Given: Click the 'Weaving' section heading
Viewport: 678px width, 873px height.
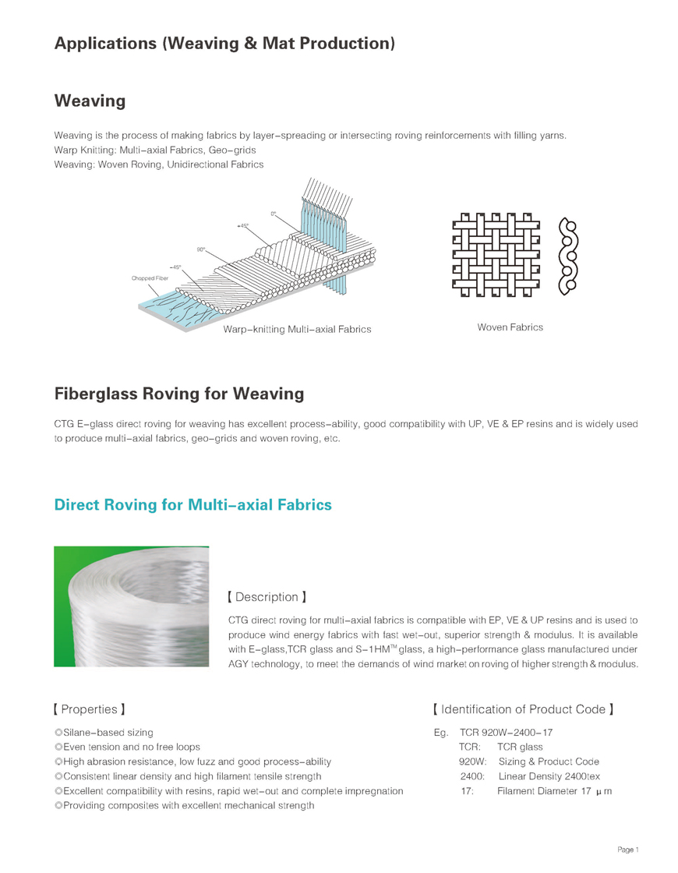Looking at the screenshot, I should tap(90, 101).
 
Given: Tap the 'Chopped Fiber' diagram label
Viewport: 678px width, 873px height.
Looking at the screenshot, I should tap(150, 277).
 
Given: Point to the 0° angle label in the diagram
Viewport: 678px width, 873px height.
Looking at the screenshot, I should tap(274, 213).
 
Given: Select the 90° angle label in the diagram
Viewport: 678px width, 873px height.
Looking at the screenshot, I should tap(201, 249).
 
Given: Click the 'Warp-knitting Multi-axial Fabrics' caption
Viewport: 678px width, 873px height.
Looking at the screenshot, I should tap(297, 329).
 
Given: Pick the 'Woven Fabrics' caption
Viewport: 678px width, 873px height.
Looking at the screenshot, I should tap(510, 327).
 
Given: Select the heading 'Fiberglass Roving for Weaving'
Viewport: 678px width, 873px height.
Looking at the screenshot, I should tap(179, 394).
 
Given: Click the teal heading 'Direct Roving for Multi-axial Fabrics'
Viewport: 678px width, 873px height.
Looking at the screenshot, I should tap(192, 505).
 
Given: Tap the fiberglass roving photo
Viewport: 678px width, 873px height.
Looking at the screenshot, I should tap(131, 606).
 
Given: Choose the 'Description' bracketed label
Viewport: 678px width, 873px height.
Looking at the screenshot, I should tap(266, 597).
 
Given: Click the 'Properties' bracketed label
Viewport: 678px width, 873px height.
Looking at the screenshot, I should tap(90, 709).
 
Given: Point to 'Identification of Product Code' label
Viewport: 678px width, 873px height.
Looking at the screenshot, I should tap(523, 709).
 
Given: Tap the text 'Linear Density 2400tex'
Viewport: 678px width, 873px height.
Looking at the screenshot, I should tap(549, 776).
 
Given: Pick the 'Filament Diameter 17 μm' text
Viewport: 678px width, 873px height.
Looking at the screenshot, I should tap(554, 791).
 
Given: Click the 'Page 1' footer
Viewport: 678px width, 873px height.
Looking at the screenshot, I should tap(627, 849).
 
